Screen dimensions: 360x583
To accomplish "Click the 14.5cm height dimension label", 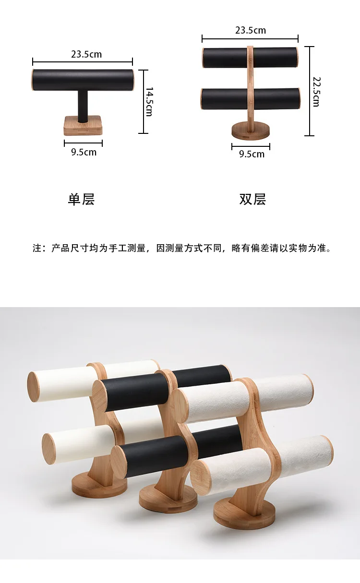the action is coord(149,102).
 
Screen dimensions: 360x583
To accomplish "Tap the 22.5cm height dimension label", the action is coord(316,92).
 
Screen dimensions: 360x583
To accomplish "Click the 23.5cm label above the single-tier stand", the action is coord(86,54).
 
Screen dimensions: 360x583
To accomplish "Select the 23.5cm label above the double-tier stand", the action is coord(251,30).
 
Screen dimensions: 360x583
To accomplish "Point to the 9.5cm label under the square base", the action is coord(84,152).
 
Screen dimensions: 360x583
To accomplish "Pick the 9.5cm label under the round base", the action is coord(252,154).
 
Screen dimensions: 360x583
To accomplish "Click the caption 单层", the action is coord(81,199).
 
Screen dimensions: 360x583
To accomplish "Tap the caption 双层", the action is coord(252,199).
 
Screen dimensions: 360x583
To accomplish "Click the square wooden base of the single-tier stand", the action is coord(83,126).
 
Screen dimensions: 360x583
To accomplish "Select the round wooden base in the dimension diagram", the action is coord(251,131).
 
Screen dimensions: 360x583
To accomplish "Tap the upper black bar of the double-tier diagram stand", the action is coord(250,58).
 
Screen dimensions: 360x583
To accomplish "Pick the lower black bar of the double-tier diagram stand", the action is coord(251,99).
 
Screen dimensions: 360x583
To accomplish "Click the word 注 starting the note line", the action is coord(37,248).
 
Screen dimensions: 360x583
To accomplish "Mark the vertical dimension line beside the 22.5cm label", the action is coord(309,91).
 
